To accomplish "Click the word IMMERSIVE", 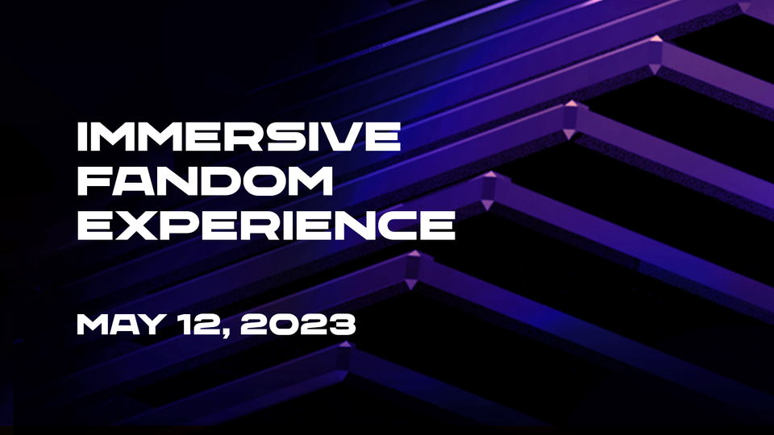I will [x=238, y=138].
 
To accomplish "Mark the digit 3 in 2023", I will [x=340, y=325].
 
